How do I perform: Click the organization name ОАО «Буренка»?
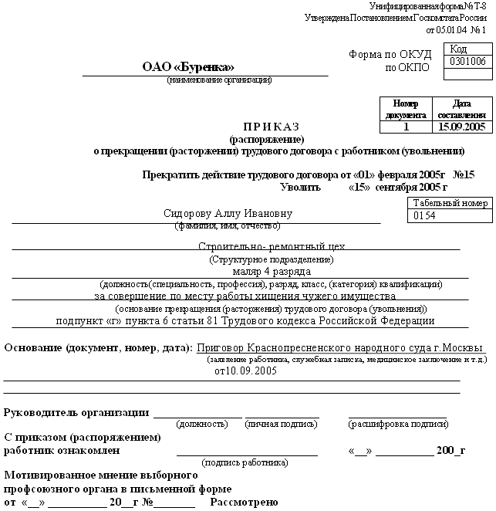pos(187,67)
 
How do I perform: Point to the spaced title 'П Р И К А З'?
pos(271,127)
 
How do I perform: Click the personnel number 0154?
pos(425,216)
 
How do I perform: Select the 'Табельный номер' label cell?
pos(450,203)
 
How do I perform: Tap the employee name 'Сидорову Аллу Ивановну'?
pos(228,213)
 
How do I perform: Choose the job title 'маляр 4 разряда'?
pos(271,271)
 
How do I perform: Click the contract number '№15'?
pos(464,174)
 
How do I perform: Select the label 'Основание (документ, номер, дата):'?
pos(99,348)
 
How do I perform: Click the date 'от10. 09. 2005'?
pos(246,371)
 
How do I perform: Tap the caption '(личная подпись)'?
pos(282,425)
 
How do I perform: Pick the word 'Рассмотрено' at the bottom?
pos(244,503)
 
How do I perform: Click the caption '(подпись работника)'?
pos(245,462)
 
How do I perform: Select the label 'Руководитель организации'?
pos(76,411)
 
